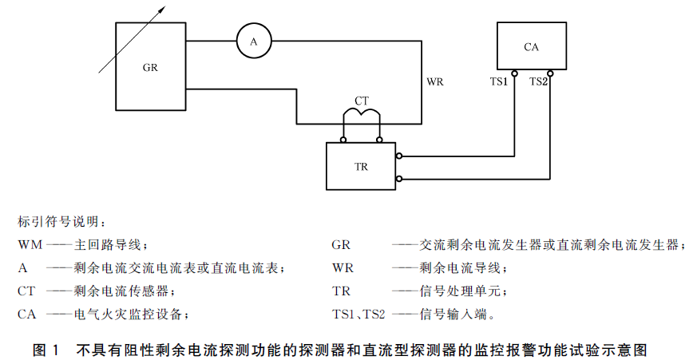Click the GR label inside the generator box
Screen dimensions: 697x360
coord(150,68)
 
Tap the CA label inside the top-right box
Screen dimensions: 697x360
coord(531,47)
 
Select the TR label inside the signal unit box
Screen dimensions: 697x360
coord(361,167)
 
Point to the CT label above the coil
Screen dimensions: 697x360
coord(362,101)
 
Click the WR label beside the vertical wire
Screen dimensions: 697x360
coord(435,81)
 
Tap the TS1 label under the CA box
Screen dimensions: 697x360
coord(499,81)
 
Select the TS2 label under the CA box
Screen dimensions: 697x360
coord(538,81)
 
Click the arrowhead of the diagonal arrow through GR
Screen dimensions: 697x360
coord(163,9)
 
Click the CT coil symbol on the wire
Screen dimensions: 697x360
coord(362,112)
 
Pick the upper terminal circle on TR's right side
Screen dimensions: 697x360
coord(399,156)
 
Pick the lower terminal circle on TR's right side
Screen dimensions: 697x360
coord(399,179)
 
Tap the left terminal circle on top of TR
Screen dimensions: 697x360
coord(343,140)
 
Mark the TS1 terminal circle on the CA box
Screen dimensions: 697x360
coord(514,73)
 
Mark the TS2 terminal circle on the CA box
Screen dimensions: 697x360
coord(550,73)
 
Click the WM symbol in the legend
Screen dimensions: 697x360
coord(30,245)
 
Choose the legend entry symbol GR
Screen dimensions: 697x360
coord(341,245)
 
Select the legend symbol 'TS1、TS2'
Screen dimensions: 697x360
coord(358,315)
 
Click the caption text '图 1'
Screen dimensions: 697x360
coord(46,350)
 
